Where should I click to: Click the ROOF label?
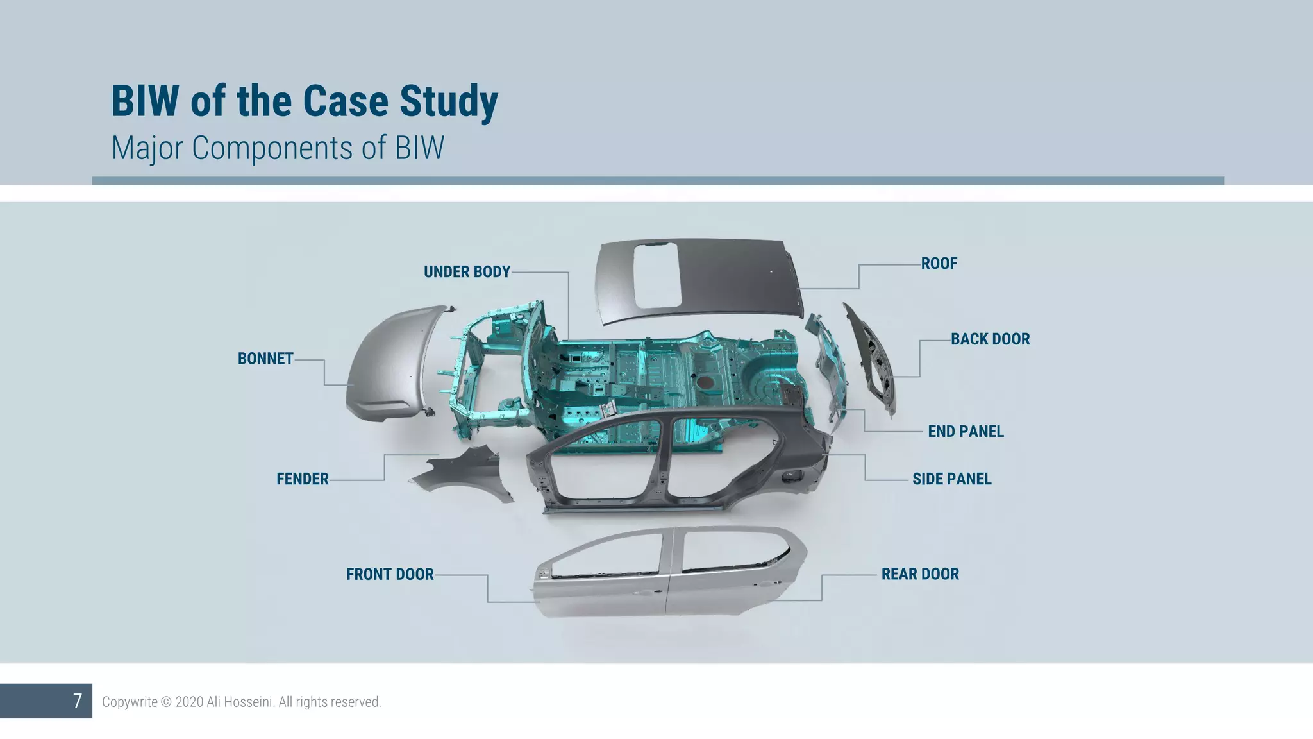pos(939,264)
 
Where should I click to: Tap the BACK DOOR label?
pos(990,339)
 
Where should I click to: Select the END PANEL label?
pos(966,432)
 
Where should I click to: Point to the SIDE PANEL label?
pos(951,479)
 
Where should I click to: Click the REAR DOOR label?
pos(920,574)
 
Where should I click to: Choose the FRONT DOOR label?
pos(390,574)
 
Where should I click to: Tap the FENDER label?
pos(302,479)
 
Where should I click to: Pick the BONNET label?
pos(265,359)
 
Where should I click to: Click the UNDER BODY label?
pos(467,272)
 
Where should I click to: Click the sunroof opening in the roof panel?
pos(657,276)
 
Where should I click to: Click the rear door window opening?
pos(731,548)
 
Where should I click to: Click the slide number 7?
pos(77,701)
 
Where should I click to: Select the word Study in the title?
pos(448,101)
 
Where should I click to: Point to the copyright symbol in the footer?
pos(166,702)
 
